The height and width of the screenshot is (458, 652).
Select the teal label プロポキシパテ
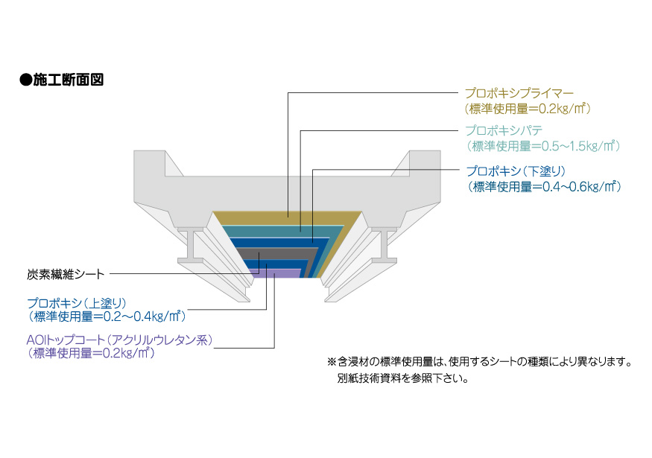504,130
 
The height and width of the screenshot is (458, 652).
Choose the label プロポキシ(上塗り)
78,302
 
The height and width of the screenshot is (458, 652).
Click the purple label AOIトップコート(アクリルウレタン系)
119,340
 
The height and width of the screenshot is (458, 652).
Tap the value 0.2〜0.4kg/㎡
142,316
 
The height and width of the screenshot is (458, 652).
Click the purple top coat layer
287,274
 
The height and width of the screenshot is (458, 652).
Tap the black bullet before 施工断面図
25,80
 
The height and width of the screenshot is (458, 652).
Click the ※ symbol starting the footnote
331,363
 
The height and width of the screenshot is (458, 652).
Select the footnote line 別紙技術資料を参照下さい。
402,378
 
